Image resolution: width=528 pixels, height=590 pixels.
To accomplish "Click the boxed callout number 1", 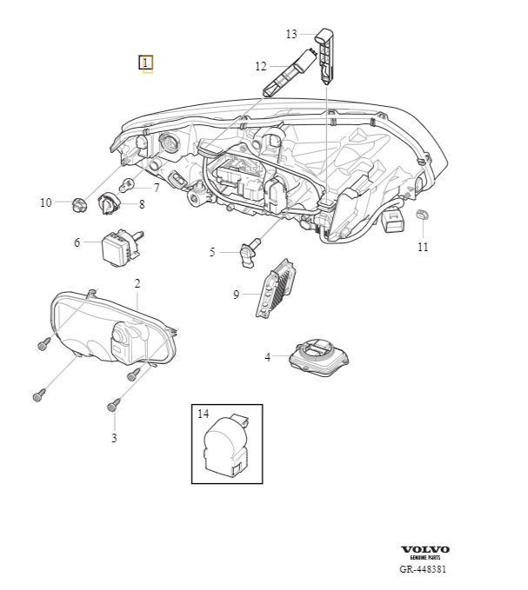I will pos(146,63).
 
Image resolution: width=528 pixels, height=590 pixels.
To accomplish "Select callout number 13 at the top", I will pos(291,34).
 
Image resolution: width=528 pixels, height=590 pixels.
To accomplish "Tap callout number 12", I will pos(261,66).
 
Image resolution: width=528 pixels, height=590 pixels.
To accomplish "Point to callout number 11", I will pos(423,247).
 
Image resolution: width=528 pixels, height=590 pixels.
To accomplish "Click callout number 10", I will pos(46,202).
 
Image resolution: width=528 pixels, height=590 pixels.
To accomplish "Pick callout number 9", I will pos(236,295).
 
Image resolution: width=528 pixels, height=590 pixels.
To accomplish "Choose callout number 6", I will pos(77,242).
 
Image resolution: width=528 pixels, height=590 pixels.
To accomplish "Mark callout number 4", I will pos(268,356).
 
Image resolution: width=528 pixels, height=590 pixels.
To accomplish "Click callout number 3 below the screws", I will pos(114,438).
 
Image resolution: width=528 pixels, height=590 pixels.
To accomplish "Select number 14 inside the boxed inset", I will pos(204,415).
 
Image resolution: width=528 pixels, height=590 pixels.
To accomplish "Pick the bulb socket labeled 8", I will pos(109,203).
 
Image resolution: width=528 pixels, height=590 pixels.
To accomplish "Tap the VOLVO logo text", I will pos(425,550).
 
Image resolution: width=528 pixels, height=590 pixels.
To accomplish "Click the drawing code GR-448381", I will pos(424,569).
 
